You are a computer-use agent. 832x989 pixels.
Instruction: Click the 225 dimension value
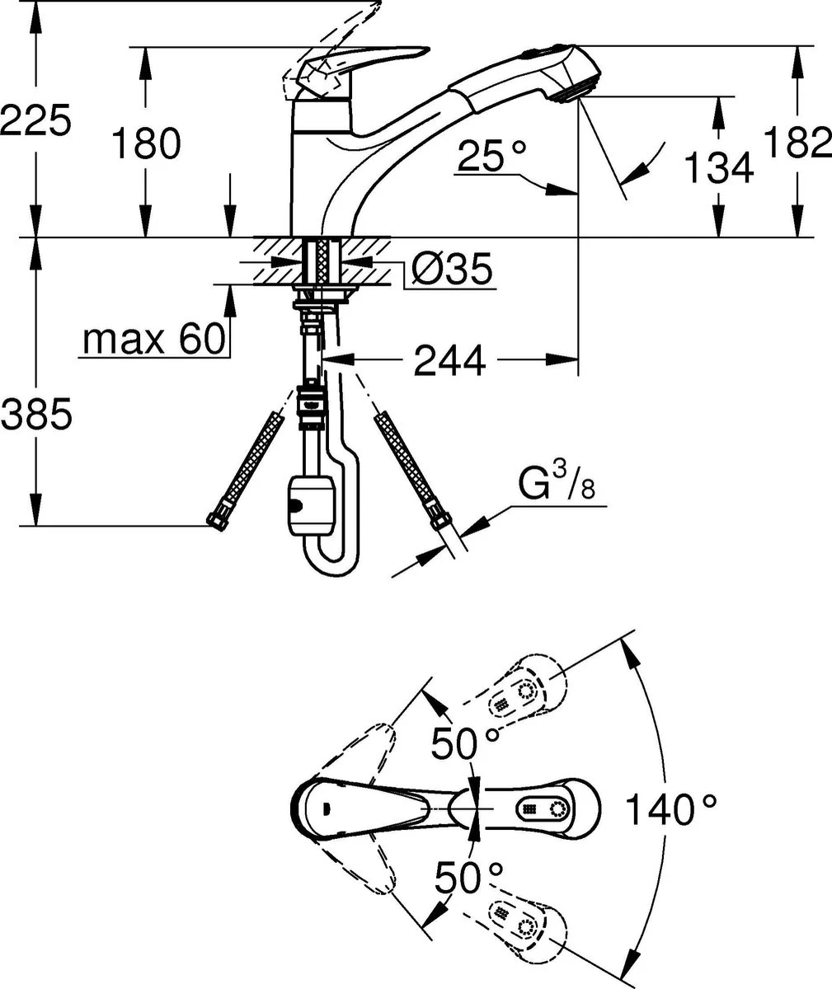(x=36, y=120)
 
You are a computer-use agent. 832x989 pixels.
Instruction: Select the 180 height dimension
(x=146, y=143)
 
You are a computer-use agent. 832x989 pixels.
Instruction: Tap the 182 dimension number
(x=798, y=141)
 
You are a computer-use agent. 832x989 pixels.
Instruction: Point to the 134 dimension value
(x=719, y=166)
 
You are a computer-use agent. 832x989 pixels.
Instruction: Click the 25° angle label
(x=491, y=155)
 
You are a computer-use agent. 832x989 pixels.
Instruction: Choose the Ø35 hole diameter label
(x=453, y=269)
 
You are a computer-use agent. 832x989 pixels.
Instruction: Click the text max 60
(x=153, y=339)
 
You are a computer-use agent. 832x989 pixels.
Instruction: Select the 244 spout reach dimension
(x=449, y=360)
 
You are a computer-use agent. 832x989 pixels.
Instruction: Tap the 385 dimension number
(x=36, y=414)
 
